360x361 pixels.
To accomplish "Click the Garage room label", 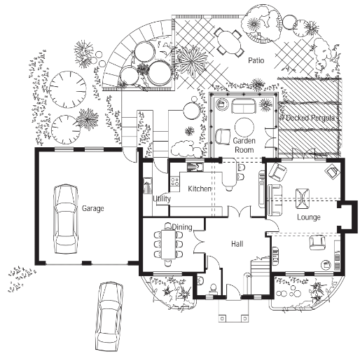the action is click(92, 208).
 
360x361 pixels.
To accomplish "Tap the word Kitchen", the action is click(200, 189).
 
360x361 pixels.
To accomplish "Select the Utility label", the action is click(162, 198).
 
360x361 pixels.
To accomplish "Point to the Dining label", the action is click(182, 227).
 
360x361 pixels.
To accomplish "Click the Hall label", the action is click(237, 244).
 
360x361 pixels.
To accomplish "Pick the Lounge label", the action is click(309, 217).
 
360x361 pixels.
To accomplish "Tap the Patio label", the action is click(256, 60).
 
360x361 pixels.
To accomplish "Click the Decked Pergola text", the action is click(310, 118).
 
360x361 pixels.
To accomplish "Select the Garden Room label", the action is click(244, 145).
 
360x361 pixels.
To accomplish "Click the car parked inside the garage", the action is click(66, 219).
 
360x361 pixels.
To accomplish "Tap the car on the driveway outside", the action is click(109, 316).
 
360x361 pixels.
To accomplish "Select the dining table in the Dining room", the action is click(169, 245).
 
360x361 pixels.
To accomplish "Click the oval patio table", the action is click(229, 43).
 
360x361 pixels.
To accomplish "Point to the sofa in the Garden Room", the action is click(244, 107).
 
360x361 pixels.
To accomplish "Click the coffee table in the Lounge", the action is click(303, 198).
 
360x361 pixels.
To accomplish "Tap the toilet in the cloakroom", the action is click(214, 290).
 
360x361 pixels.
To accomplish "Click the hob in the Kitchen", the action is click(175, 182).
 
